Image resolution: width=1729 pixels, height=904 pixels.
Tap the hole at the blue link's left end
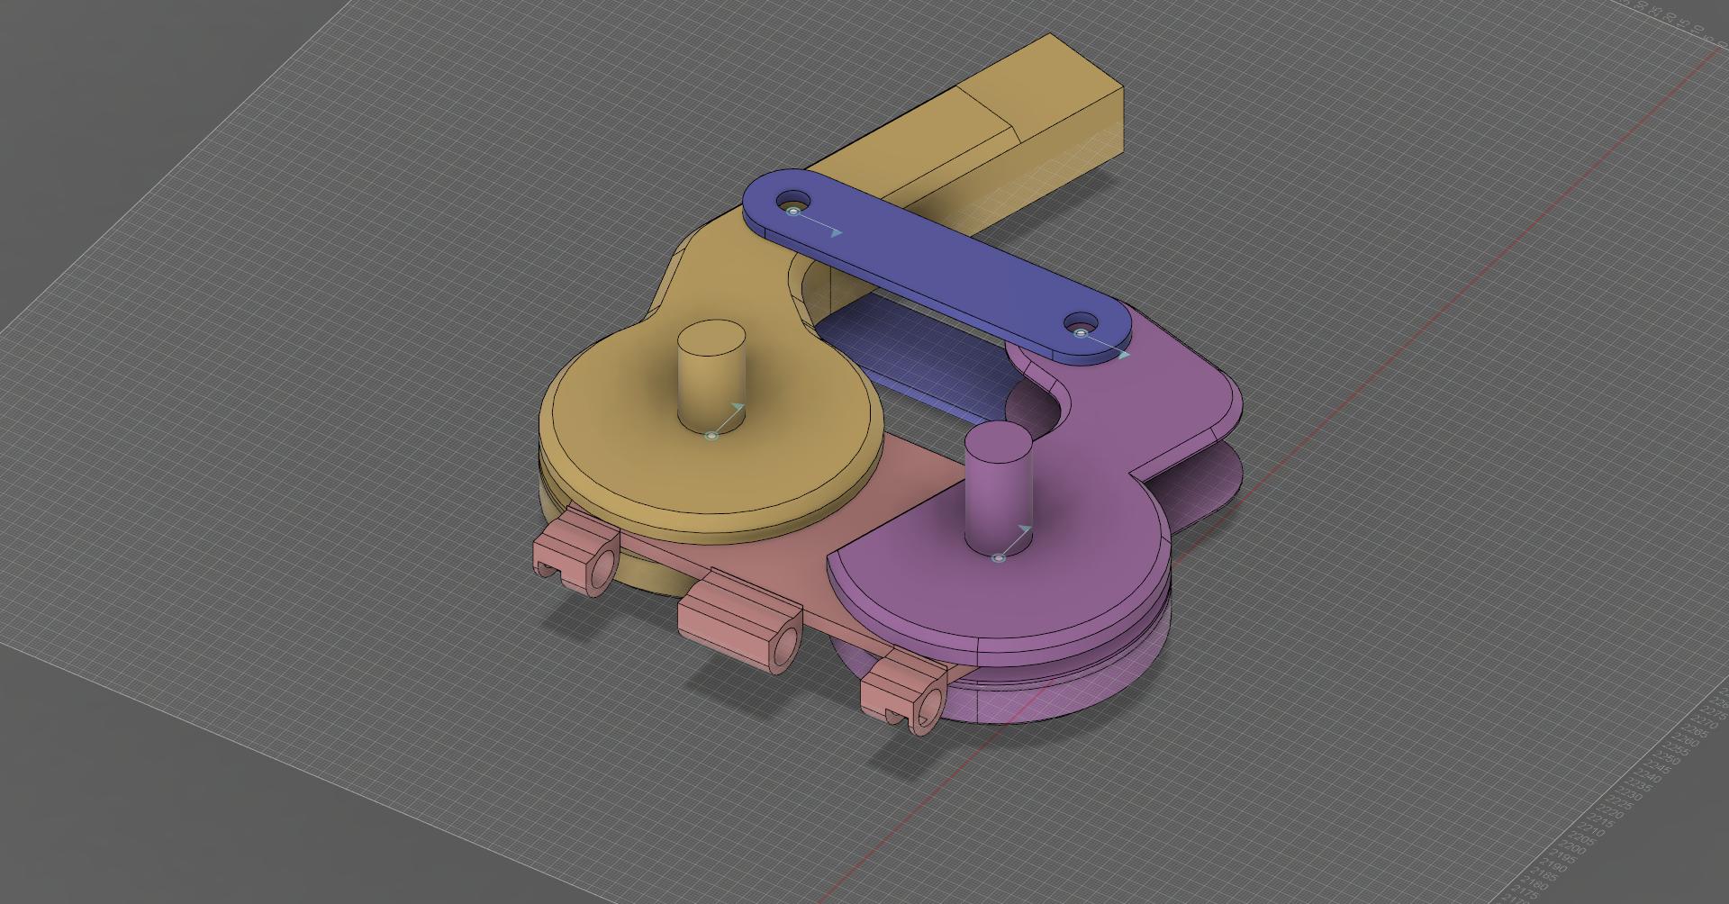pos(792,199)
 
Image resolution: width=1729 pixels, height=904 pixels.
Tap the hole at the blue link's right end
pos(1079,322)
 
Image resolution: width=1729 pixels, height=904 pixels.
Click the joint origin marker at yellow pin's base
pos(711,436)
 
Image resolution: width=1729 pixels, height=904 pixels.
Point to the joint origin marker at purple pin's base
pos(998,558)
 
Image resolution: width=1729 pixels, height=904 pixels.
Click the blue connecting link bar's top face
pos(937,270)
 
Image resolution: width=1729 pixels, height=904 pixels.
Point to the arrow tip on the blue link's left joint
pos(837,233)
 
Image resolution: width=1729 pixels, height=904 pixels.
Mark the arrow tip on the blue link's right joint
pos(1125,356)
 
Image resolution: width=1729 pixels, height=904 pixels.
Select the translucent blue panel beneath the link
pos(919,360)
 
